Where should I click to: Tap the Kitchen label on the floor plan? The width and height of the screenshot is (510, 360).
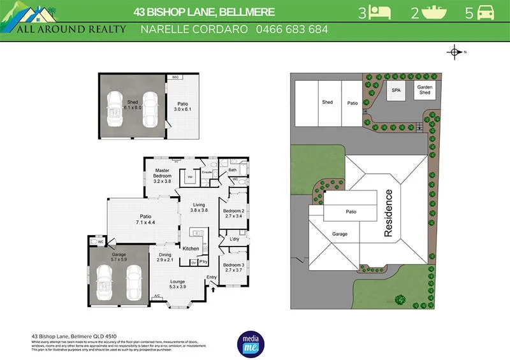point(191,248)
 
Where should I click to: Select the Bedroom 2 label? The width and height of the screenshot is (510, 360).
point(233,213)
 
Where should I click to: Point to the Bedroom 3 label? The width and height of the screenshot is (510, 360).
point(233,268)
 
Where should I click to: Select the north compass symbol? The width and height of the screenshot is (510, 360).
point(455,52)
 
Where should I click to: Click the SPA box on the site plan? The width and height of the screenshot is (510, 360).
point(396,90)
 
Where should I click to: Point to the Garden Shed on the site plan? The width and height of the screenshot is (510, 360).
point(425,90)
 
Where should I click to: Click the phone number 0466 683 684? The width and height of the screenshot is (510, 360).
point(292,29)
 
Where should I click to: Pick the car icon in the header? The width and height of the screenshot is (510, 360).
point(485,12)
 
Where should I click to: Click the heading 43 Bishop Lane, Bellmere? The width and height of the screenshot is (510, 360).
point(204,11)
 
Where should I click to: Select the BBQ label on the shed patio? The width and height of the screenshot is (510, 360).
point(175,78)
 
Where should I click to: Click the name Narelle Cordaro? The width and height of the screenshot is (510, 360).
point(194,29)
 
